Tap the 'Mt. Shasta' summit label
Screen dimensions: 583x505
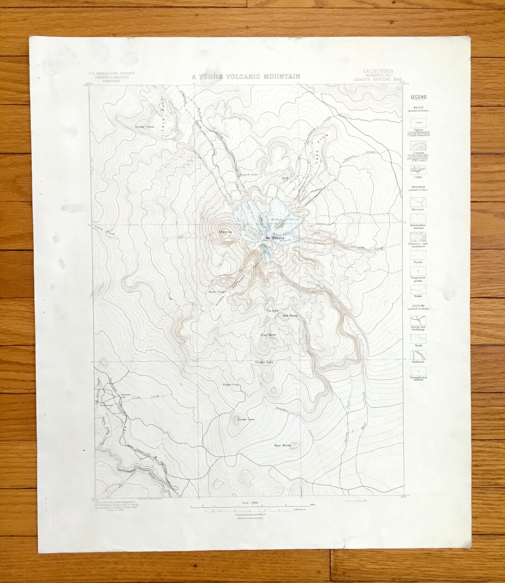[x=275, y=238]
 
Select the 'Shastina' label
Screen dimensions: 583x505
[x=225, y=231]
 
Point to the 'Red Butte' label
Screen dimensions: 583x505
[x=290, y=316]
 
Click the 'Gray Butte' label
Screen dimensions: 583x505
[x=268, y=335]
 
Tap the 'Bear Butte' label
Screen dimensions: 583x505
[x=282, y=446]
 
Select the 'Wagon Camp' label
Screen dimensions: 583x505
[x=231, y=385]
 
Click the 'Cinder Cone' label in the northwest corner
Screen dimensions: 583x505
[x=144, y=127]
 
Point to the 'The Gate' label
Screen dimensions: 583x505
[x=272, y=311]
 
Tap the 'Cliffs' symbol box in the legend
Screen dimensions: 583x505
[x=418, y=170]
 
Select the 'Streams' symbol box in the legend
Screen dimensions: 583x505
[x=418, y=202]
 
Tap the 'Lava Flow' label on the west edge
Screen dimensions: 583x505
[x=104, y=230]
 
